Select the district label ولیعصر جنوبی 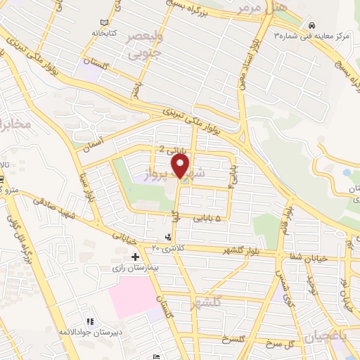[x=144, y=44]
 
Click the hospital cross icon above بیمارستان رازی [x=135, y=257]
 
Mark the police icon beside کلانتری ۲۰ [x=167, y=238]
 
